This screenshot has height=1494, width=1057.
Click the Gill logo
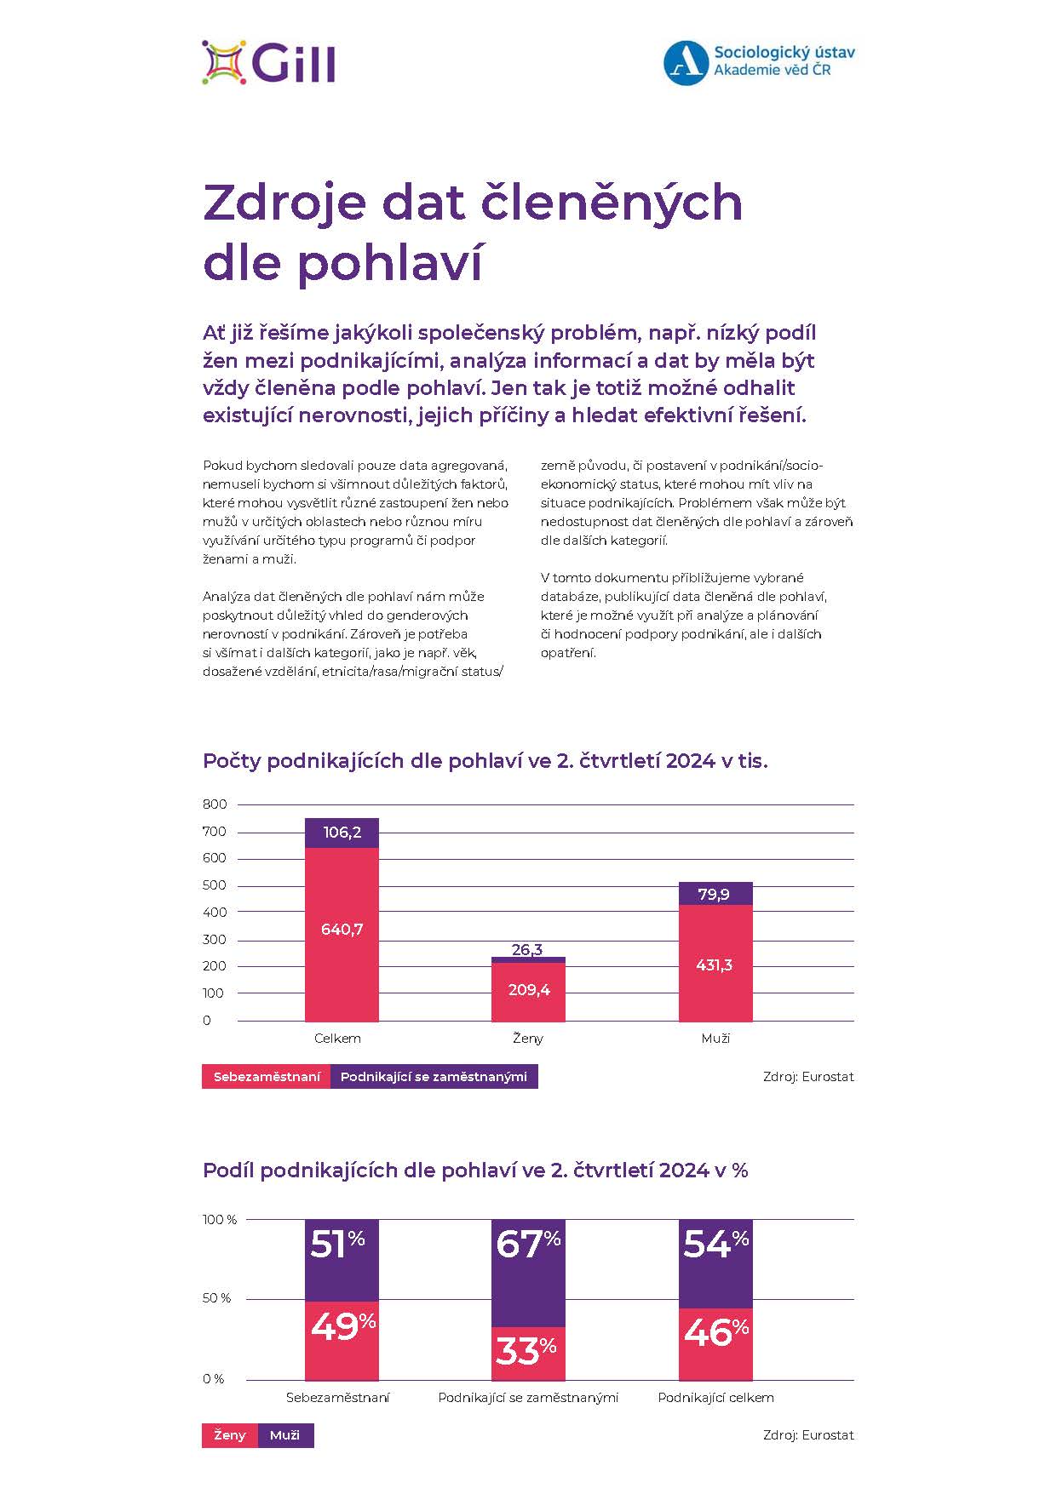pyautogui.click(x=269, y=62)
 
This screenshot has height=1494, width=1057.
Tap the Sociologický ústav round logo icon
pyautogui.click(x=686, y=63)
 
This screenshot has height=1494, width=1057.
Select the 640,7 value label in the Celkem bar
pyautogui.click(x=342, y=930)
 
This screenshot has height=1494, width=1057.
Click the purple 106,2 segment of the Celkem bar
pyautogui.click(x=342, y=833)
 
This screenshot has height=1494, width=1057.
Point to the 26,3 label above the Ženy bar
pyautogui.click(x=527, y=949)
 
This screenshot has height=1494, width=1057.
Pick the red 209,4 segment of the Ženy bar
pyautogui.click(x=528, y=990)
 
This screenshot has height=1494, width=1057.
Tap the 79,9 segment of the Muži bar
pyautogui.click(x=715, y=894)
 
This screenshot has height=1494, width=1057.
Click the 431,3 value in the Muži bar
pyautogui.click(x=715, y=965)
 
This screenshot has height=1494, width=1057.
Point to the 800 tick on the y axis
pyautogui.click(x=215, y=804)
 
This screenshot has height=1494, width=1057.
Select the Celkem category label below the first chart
pyautogui.click(x=337, y=1039)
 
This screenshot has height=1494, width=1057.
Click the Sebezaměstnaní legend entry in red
pyautogui.click(x=267, y=1077)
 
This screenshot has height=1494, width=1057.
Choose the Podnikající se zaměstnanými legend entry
pyautogui.click(x=434, y=1077)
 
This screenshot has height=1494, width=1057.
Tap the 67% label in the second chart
pyautogui.click(x=528, y=1244)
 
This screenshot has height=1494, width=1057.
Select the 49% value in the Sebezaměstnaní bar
pyautogui.click(x=342, y=1325)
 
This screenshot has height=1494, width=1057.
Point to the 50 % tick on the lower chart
pyautogui.click(x=216, y=1298)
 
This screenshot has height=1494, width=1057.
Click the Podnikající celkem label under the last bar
pyautogui.click(x=715, y=1397)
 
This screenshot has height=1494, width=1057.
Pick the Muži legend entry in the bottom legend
pyautogui.click(x=284, y=1435)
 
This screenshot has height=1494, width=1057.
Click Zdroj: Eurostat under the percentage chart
pyautogui.click(x=807, y=1435)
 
